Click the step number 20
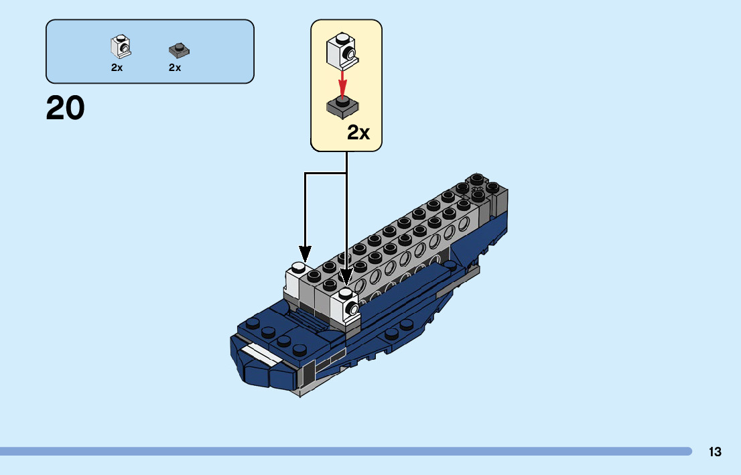coord(66,109)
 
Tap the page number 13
coord(715,452)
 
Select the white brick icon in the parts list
coord(119,46)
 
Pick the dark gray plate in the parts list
coord(178,49)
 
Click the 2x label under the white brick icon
coord(117,68)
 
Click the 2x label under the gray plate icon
coord(175,68)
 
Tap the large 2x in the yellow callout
coord(358,133)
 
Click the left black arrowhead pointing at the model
coord(305,254)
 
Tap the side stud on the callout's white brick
coord(350,54)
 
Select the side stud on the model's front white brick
coord(350,310)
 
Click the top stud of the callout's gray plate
coord(342,102)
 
